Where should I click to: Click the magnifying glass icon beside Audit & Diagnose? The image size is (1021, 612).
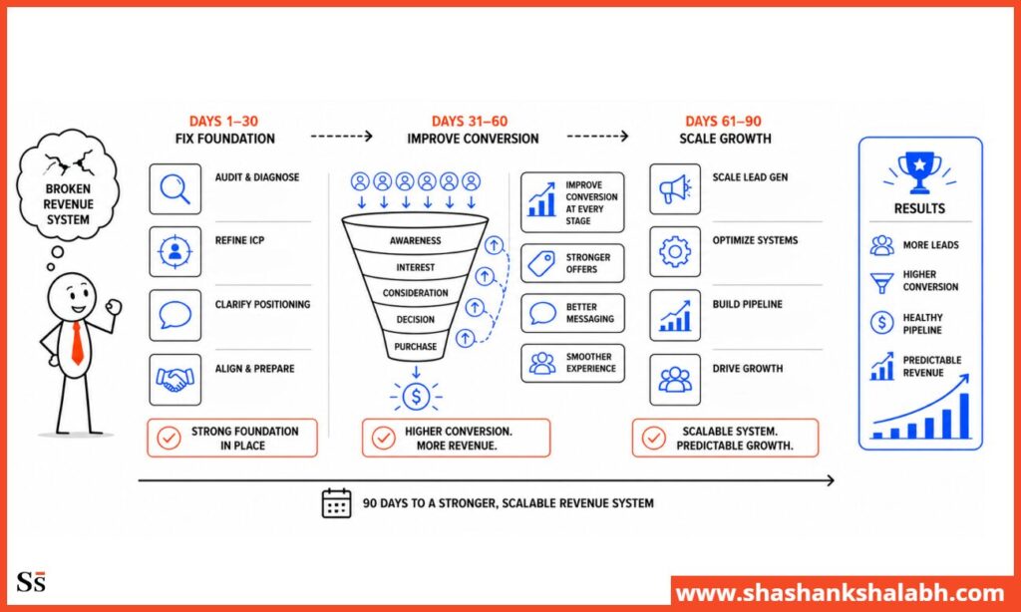point(174,188)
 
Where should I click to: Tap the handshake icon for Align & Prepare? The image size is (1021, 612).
point(174,380)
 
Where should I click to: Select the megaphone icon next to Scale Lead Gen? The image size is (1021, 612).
point(675,188)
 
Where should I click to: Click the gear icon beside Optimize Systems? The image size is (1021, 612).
point(675,251)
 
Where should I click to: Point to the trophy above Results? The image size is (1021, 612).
point(919,172)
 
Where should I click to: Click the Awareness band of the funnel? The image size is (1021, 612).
point(416,240)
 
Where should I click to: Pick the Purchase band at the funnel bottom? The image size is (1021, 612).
point(416,346)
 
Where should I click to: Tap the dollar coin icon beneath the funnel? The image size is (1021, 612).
point(416,396)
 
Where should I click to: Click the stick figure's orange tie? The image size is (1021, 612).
point(77,343)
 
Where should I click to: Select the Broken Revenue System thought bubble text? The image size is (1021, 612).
point(68,204)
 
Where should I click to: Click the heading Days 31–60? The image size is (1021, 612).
point(469,121)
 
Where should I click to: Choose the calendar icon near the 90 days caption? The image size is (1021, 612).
point(337,502)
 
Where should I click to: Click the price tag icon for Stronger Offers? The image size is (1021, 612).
point(541,263)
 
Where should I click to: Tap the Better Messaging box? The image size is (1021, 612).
point(572,313)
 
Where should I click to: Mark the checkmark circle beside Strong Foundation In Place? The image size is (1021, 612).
point(169,438)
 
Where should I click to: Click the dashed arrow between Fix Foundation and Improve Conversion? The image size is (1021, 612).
point(341,137)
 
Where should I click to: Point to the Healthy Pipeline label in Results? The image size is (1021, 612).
point(922,324)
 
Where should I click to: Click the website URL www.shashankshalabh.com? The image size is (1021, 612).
point(840,594)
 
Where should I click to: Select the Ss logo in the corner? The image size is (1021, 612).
point(31,581)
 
